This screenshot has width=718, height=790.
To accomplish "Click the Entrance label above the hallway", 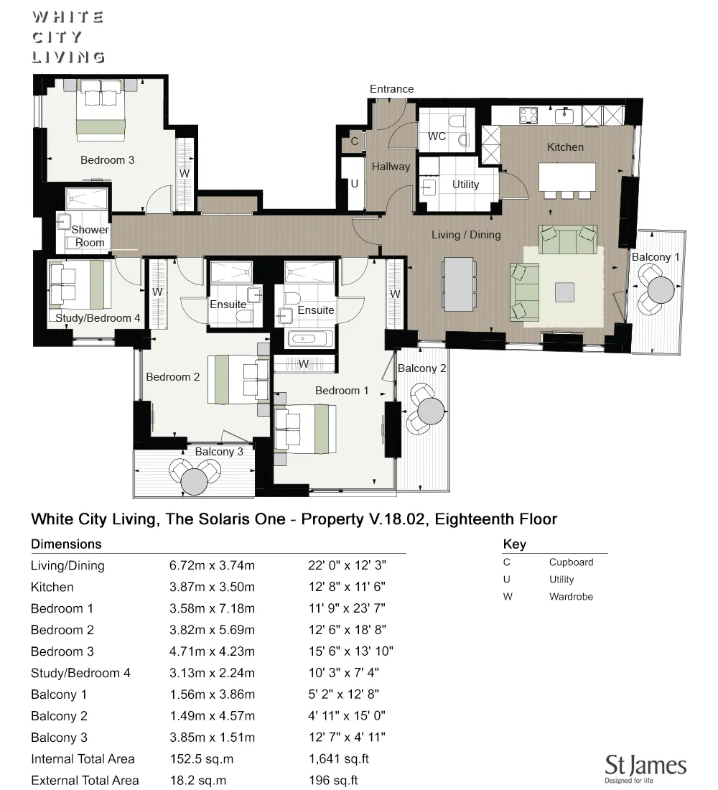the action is [391, 89].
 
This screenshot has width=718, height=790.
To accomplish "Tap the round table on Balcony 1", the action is [661, 289].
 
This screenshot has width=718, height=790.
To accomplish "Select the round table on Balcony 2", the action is [432, 411].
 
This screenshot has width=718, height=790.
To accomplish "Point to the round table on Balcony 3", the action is [195, 481].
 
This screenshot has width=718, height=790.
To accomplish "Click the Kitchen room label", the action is [565, 147].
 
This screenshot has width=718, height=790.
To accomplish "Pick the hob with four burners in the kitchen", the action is [528, 116].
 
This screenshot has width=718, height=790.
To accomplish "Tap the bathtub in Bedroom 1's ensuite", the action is [310, 338].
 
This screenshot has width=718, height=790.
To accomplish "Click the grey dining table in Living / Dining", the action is [458, 284].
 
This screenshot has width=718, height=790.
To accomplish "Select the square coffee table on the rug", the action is [564, 292].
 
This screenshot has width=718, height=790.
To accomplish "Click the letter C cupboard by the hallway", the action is [354, 141].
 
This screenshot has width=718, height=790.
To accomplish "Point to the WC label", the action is [437, 136].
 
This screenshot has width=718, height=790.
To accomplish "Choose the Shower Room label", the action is [90, 236].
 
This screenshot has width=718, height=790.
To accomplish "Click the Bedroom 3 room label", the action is [107, 160].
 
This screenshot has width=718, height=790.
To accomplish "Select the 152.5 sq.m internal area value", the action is [202, 759].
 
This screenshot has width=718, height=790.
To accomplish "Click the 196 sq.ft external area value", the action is [334, 781].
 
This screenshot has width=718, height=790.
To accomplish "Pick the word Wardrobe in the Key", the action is [571, 597].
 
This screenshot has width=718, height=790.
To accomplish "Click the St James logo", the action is [645, 768].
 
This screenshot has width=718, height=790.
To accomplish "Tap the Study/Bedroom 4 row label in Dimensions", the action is [80, 673].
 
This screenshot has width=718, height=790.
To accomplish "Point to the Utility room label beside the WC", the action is [465, 185].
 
